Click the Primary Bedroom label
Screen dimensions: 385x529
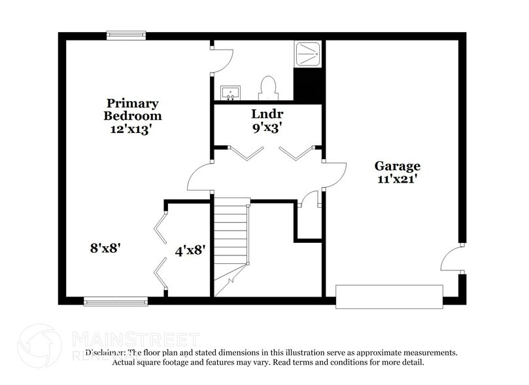click(x=133, y=109)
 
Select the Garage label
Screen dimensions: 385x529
click(x=397, y=166)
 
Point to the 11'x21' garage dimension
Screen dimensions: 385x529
click(x=397, y=179)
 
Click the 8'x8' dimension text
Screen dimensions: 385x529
click(x=106, y=248)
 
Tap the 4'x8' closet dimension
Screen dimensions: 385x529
click(x=191, y=249)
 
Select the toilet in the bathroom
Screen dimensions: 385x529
click(x=268, y=88)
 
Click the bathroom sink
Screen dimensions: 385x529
click(x=230, y=92)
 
